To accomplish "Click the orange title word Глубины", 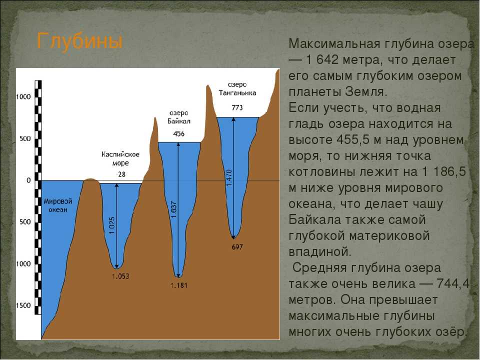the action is [79, 41].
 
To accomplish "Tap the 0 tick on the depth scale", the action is [28, 180].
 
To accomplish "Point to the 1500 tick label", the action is [23, 305].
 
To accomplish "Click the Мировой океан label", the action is [58, 205].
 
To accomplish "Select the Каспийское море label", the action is [120, 158].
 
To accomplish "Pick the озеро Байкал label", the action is [179, 117].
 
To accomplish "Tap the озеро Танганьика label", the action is [237, 88].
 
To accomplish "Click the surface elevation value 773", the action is [237, 107].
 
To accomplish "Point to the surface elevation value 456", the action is [179, 133].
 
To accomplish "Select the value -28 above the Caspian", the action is [120, 174].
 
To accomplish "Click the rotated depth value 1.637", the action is [174, 209].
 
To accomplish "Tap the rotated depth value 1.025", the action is [112, 225].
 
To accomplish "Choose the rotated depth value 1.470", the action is [229, 177].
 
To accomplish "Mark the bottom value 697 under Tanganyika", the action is [237, 246].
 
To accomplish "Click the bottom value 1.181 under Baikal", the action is [179, 285].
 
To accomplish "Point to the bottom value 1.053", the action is [120, 276].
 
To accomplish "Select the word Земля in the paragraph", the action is [366, 91].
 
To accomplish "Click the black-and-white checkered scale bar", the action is [38, 197].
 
